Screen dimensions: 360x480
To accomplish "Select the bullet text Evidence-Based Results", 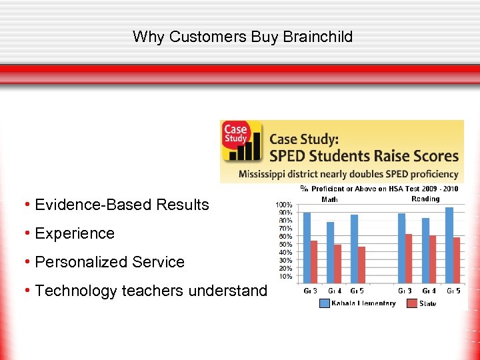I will point(121,205).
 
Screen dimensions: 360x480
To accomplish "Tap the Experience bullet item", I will point(74,233).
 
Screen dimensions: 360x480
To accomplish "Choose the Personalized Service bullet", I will point(109,262).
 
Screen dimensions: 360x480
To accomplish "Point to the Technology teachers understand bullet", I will point(151,291).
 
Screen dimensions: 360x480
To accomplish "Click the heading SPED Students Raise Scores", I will point(364,156).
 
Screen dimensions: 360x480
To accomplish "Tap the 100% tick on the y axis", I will point(284,205).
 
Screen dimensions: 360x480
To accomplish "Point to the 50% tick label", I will point(285,245).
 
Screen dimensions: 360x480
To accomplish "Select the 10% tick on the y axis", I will point(285,276).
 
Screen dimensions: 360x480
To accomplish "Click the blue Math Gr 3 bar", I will point(307,247).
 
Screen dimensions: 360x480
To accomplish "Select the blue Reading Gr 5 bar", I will point(449,244).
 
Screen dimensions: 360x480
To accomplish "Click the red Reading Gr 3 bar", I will point(409,257).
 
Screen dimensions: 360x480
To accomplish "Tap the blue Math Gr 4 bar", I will point(330,251).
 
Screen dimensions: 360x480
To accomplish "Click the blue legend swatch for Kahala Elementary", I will point(324,303).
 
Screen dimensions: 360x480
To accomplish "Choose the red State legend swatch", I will point(411,303).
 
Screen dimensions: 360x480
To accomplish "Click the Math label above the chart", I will point(329,199).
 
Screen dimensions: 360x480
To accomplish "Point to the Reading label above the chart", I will point(425,199).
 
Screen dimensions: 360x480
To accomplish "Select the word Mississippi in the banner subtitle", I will point(267,175).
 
